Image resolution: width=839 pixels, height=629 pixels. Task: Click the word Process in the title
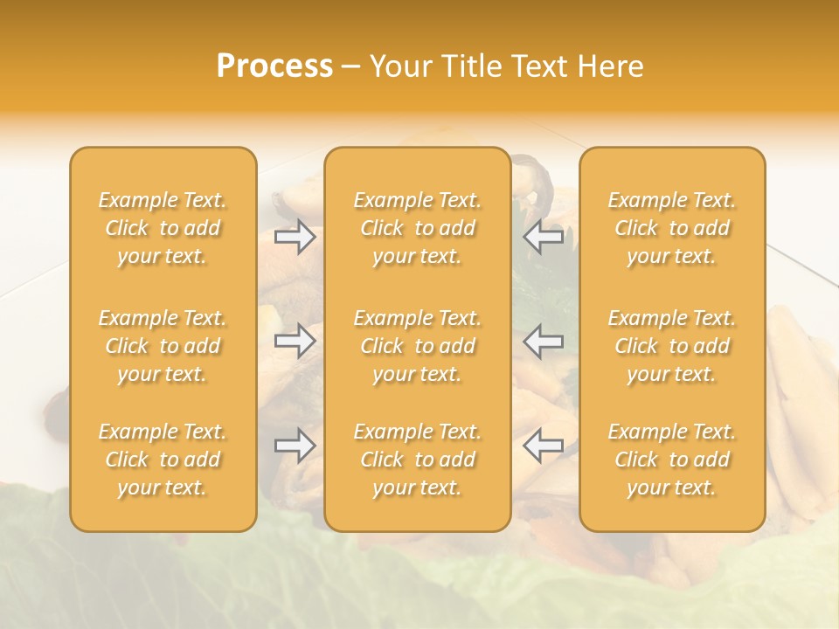click(x=274, y=66)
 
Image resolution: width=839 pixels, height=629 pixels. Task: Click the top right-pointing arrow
click(x=295, y=237)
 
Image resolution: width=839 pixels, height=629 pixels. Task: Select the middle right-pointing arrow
click(x=295, y=341)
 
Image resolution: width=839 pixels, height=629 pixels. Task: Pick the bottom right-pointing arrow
click(x=295, y=446)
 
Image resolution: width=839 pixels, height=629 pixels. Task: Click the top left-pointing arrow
click(x=543, y=237)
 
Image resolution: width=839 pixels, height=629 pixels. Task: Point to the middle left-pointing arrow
click(x=543, y=341)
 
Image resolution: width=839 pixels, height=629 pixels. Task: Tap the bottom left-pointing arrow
click(x=543, y=446)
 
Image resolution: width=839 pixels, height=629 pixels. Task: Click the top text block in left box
click(x=163, y=228)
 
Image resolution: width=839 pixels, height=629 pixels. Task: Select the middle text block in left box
click(x=163, y=346)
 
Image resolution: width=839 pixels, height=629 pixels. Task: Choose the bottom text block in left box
click(x=163, y=460)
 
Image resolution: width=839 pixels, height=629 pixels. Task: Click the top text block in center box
click(x=418, y=228)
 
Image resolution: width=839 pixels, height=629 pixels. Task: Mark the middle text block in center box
click(x=418, y=346)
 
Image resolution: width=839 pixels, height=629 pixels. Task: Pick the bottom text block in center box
click(x=418, y=460)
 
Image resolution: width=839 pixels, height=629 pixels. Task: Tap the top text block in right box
click(x=672, y=228)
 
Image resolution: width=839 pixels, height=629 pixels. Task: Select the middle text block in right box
click(x=672, y=346)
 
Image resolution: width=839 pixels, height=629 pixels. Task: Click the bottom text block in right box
click(x=672, y=460)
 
